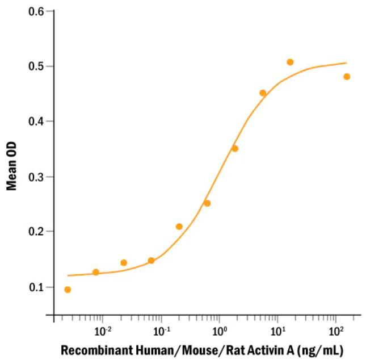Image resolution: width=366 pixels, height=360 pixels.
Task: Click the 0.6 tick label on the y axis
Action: [38, 11]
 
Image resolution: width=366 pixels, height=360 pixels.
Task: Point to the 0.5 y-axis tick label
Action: [38, 66]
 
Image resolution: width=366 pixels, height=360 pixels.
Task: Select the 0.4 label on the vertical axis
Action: [38, 122]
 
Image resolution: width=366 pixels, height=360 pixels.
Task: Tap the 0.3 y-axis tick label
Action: [38, 177]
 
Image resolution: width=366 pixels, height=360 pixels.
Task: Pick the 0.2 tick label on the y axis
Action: [38, 232]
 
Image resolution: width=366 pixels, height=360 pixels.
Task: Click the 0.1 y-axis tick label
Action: [38, 287]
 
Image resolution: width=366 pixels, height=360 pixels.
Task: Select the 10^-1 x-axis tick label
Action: [161, 329]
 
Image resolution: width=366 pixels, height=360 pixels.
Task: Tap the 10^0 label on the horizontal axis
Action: [220, 329]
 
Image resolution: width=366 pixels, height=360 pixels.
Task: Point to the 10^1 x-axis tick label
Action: [277, 329]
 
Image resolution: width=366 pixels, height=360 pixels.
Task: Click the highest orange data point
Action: [290, 62]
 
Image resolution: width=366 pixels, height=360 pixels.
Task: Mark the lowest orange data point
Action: [68, 290]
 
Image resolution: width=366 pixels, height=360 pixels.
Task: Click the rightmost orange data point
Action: [347, 77]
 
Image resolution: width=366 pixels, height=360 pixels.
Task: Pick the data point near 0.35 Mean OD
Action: [235, 148]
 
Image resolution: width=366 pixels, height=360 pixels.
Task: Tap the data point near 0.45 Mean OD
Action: [263, 93]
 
